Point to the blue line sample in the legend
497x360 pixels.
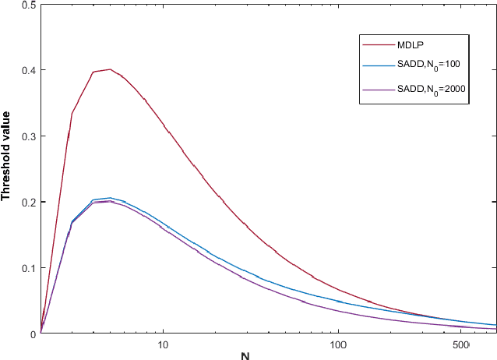click(379, 67)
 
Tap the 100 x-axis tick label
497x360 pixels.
click(339, 344)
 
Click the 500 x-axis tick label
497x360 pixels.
click(460, 344)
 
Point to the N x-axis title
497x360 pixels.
click(245, 356)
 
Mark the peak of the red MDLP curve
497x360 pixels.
click(111, 69)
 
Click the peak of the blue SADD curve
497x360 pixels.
click(110, 198)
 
